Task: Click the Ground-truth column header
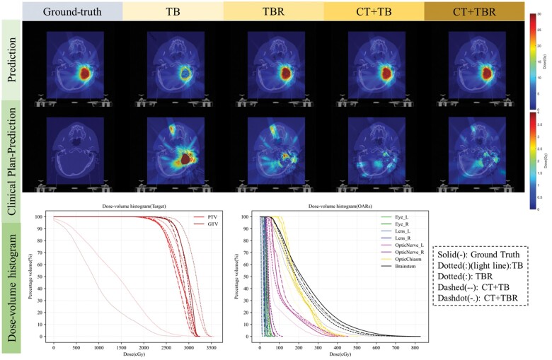72,11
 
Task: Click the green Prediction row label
11,59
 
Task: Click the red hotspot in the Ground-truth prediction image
86,73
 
